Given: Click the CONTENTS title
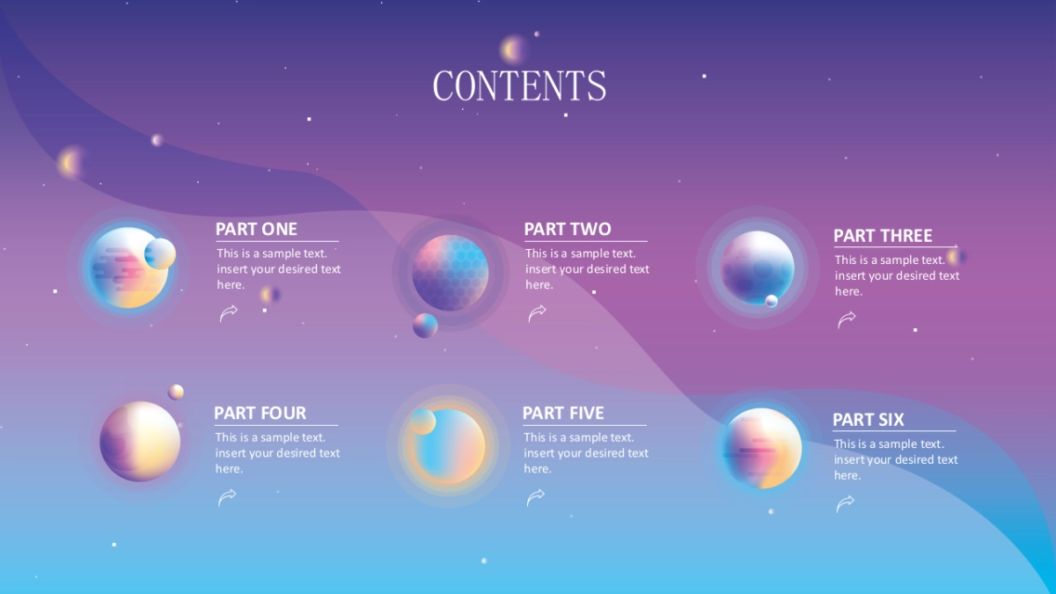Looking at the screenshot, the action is (519, 86).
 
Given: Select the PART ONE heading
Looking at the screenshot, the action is (256, 229).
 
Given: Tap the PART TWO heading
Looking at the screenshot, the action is (568, 229).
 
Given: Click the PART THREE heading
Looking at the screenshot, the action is (883, 236).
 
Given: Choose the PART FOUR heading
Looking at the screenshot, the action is (260, 413).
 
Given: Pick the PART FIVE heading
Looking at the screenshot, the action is (563, 413).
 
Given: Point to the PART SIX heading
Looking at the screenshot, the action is (868, 420).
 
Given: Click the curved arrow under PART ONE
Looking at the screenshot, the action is (229, 313).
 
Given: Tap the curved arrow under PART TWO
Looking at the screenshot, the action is (537, 313).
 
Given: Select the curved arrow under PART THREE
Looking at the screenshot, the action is (847, 319).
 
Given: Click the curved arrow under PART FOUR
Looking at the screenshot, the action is (227, 497).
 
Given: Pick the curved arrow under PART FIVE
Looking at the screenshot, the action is (536, 497).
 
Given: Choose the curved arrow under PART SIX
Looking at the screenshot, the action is (845, 503).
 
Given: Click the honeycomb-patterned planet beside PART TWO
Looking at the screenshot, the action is (451, 273).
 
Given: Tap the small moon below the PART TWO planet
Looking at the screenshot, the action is (425, 326).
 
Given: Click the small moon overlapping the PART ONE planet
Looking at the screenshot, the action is (160, 253).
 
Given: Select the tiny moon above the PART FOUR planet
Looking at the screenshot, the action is (176, 392).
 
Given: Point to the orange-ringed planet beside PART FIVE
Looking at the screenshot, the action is (448, 446).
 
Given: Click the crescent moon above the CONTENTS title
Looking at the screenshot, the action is (512, 49).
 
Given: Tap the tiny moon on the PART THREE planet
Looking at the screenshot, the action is (771, 301).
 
